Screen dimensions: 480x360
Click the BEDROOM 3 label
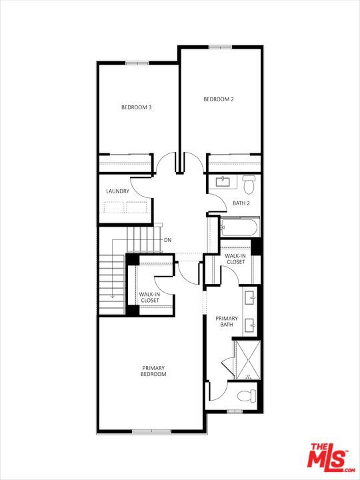tap(136, 107)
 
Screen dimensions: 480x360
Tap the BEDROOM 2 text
tap(219, 99)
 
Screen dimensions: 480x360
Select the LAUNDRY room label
tap(117, 191)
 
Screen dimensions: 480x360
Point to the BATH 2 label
tap(241, 203)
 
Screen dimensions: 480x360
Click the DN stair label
tap(168, 240)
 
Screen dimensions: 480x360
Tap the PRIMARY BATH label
tap(227, 321)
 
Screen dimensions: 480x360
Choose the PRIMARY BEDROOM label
tap(153, 371)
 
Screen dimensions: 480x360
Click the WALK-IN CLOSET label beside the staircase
tap(149, 297)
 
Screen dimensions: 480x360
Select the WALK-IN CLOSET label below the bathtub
tap(235, 259)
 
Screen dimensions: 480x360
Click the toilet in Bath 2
tap(249, 182)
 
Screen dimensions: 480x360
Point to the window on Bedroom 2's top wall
tap(219, 47)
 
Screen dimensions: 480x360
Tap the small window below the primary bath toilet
tap(235, 411)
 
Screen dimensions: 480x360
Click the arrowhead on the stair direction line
tap(112, 296)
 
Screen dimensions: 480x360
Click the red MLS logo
tap(327, 457)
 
